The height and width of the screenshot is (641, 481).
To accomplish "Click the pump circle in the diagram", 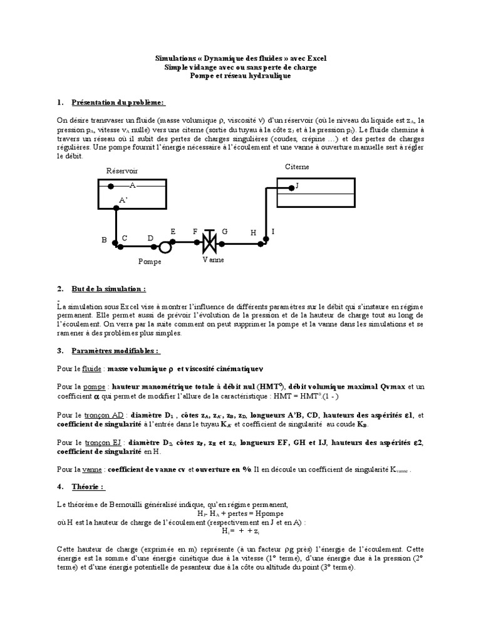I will [x=165, y=246].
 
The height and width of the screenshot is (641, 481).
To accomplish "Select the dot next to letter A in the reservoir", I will [x=110, y=186].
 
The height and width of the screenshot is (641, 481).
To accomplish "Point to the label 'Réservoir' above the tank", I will [x=122, y=170].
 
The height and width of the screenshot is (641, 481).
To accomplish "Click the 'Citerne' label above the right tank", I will [x=297, y=167].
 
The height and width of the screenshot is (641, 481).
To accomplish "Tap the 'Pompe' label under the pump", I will [x=150, y=262].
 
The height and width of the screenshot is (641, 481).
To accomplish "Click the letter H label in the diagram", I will [x=254, y=232].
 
